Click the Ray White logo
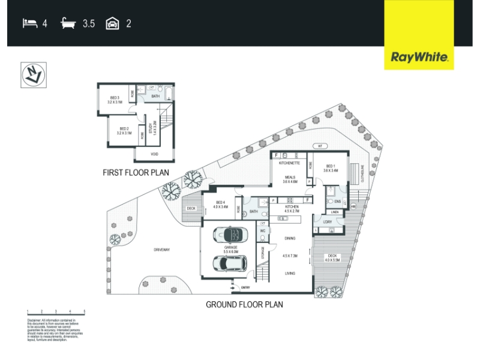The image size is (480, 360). [419, 58]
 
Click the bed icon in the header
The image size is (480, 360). [29, 24]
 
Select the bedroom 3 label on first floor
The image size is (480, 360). [115, 100]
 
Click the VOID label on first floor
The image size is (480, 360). [154, 154]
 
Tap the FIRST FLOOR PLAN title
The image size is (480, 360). [136, 173]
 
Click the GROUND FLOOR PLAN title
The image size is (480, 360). [244, 304]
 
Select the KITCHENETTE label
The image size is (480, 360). [289, 162]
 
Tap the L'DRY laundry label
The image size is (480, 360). [327, 223]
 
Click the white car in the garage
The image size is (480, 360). [230, 263]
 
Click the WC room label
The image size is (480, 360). [262, 230]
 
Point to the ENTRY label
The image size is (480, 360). [244, 287]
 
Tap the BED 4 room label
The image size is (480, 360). [220, 205]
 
